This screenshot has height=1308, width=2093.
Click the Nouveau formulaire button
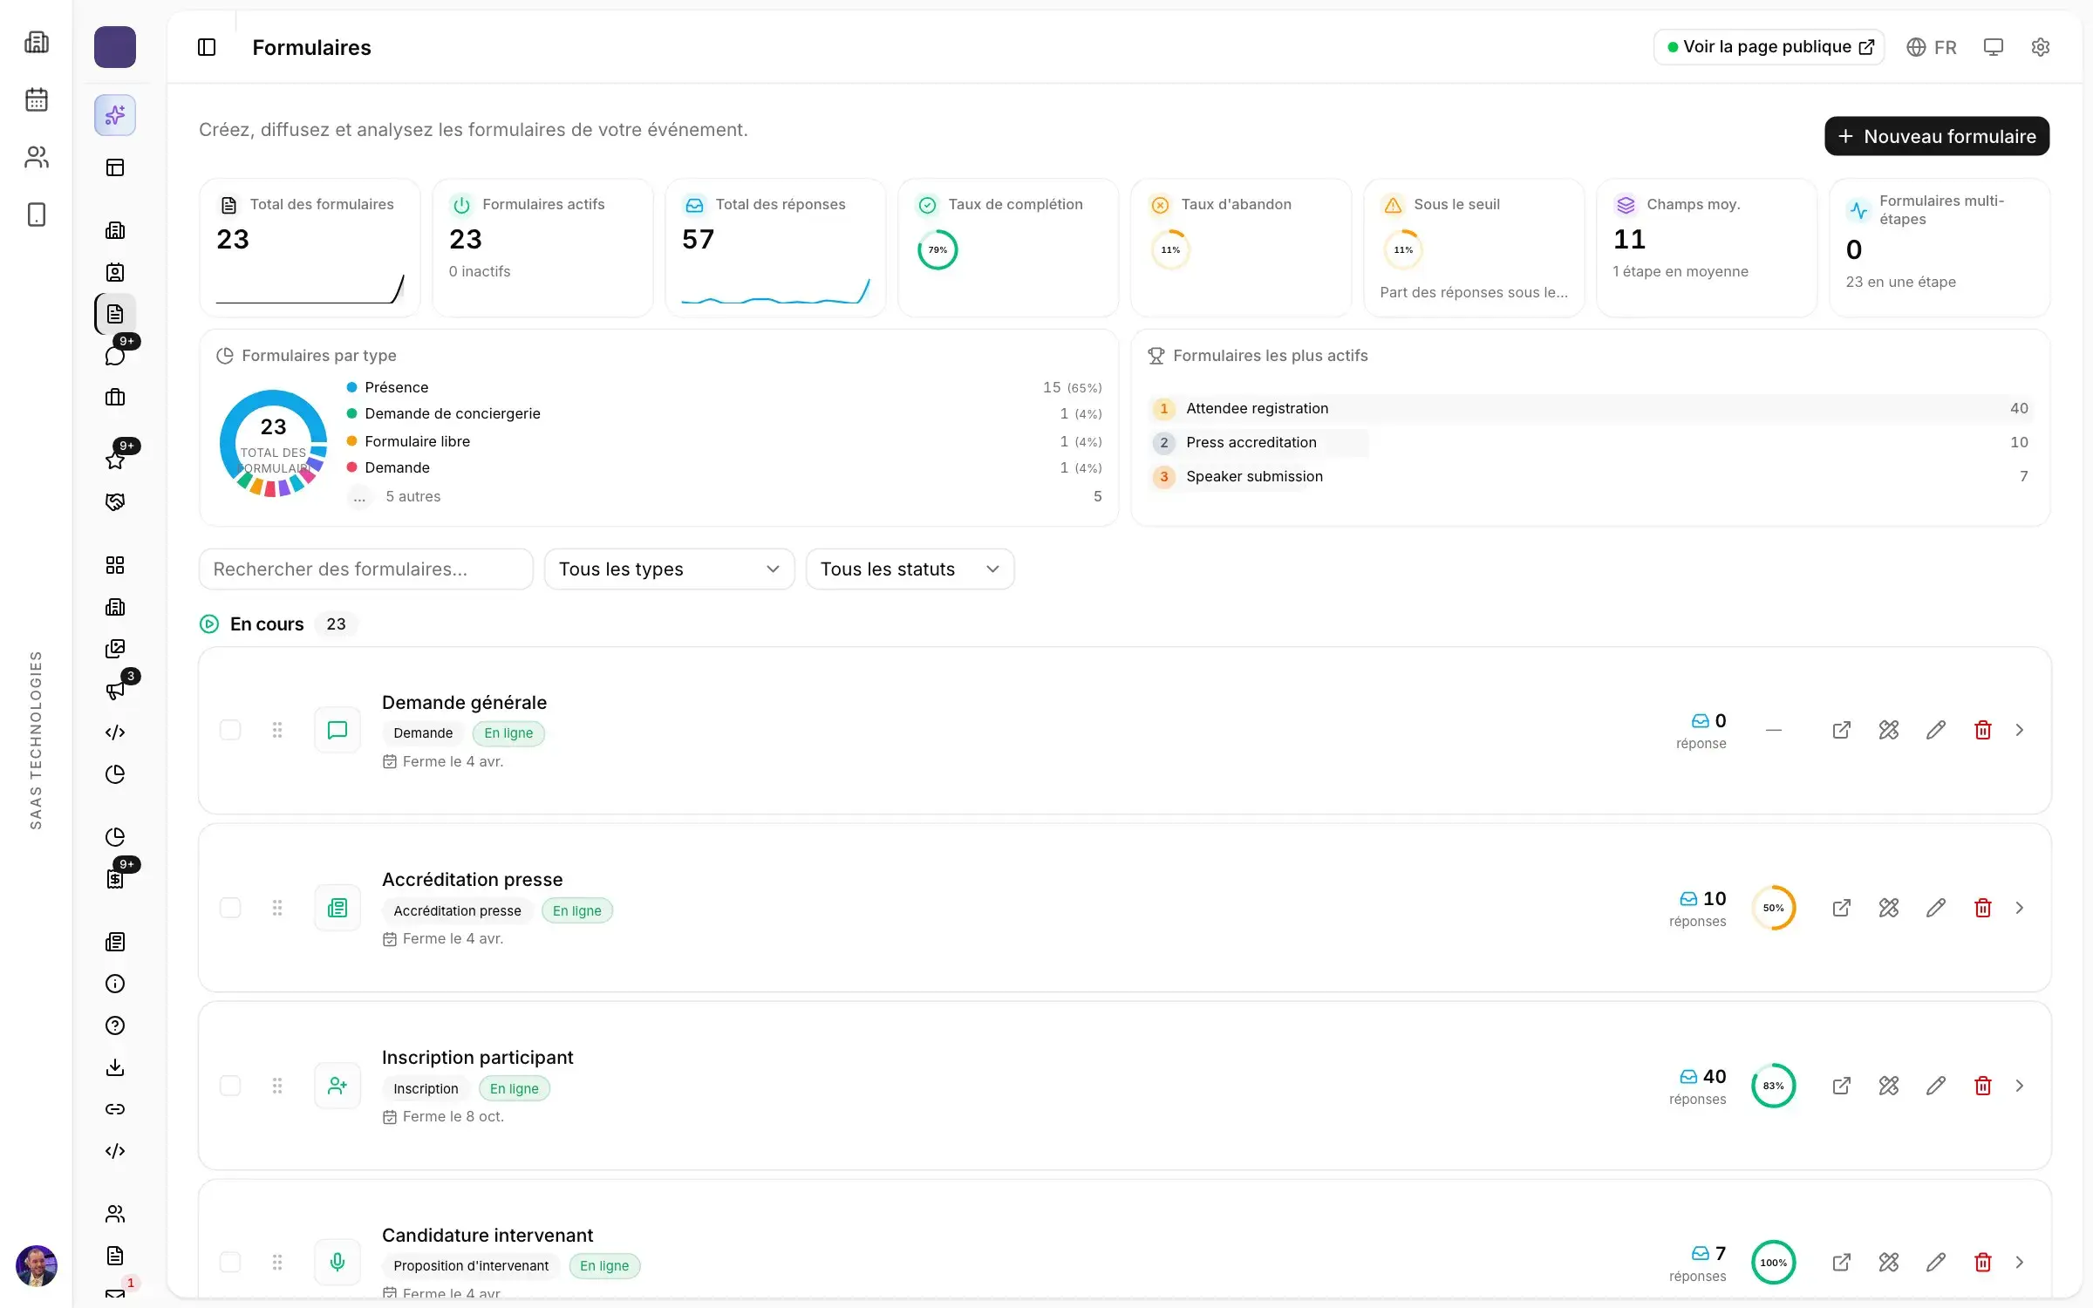1936,136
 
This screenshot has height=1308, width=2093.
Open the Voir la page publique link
1769,47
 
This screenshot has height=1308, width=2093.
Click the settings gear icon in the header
2040,47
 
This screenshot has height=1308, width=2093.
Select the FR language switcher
1931,47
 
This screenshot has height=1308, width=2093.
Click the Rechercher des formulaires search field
365,569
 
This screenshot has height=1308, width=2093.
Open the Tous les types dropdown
669,569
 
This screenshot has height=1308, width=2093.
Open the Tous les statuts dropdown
910,569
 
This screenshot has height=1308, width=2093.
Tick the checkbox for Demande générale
230,730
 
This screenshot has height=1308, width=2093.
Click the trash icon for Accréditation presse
1982,908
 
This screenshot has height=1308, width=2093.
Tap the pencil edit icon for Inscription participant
1935,1086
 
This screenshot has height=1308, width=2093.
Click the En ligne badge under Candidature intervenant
604,1265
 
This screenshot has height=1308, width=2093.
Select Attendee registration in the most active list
1257,408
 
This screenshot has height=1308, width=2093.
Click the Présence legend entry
396,387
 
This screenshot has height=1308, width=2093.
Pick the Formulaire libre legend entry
417,441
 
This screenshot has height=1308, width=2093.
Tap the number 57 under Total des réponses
698,239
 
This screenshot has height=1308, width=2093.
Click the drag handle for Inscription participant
277,1086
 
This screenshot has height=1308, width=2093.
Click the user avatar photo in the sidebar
37,1266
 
